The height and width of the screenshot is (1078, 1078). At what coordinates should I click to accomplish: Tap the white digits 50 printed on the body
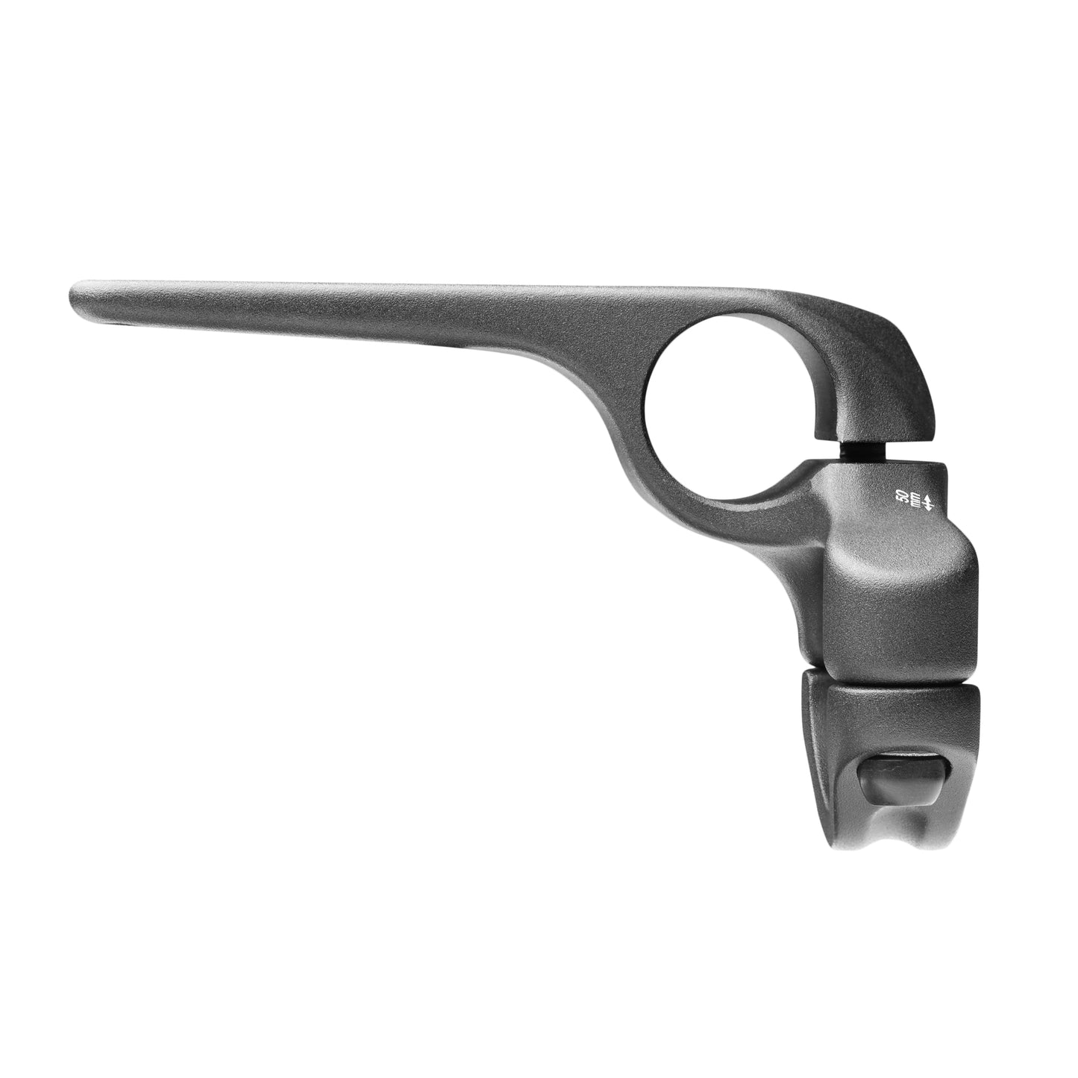tap(901, 498)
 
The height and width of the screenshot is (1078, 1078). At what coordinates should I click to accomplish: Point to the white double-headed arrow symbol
tap(929, 498)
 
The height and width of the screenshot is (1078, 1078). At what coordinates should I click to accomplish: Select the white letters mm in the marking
tap(915, 498)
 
